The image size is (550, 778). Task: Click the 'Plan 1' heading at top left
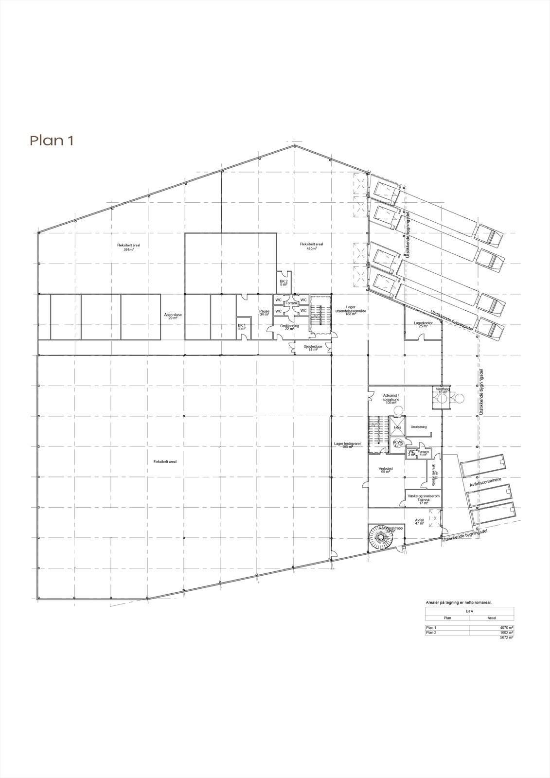(x=52, y=141)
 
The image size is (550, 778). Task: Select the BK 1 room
(x=242, y=327)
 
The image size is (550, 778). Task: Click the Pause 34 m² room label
(x=264, y=313)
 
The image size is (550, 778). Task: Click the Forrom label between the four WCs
(x=291, y=303)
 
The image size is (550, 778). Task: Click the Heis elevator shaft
(x=397, y=427)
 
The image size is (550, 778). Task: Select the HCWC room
(x=398, y=444)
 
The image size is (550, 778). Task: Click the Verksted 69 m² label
(x=386, y=470)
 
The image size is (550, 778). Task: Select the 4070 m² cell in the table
(x=507, y=628)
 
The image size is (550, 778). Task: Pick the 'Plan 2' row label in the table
(x=432, y=633)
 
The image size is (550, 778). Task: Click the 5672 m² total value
(x=507, y=637)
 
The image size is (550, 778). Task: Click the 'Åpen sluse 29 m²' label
(x=173, y=316)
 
